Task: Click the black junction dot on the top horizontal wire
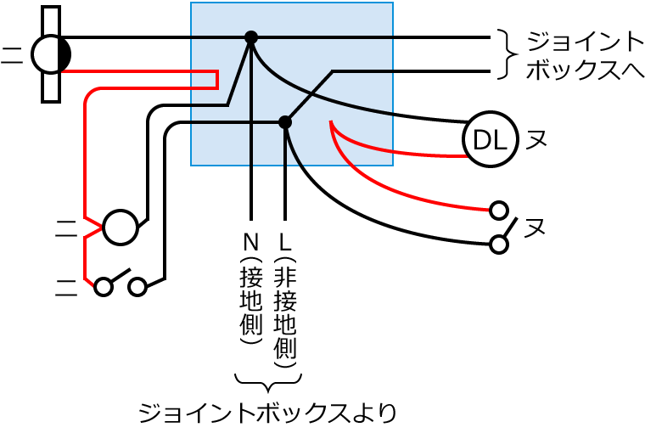point(251,37)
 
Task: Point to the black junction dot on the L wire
point(285,122)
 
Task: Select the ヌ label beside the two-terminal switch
point(535,228)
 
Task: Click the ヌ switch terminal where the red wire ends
point(500,209)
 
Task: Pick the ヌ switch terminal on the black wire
point(500,245)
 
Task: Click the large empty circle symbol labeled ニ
point(120,227)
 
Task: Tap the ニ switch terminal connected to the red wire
point(104,286)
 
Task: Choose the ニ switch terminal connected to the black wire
point(138,286)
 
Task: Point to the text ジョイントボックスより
point(267,413)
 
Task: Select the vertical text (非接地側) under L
point(285,310)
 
